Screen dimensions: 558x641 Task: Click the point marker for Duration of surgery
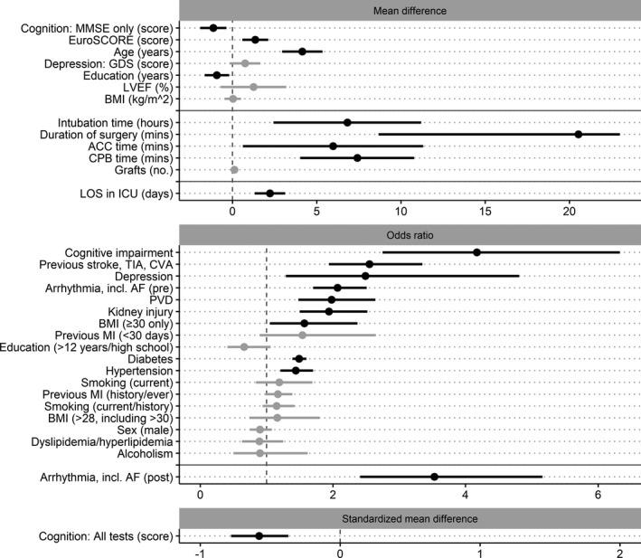[x=579, y=134]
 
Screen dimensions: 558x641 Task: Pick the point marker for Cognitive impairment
[x=476, y=252]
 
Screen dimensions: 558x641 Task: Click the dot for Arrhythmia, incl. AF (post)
[x=435, y=477]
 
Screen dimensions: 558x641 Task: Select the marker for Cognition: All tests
[x=259, y=535]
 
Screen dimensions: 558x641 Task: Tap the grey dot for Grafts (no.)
[x=234, y=170]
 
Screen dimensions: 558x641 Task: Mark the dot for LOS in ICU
[x=269, y=194]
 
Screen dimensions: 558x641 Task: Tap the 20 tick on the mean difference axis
[x=570, y=213]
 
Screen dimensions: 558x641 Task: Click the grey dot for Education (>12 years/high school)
[x=244, y=347]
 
